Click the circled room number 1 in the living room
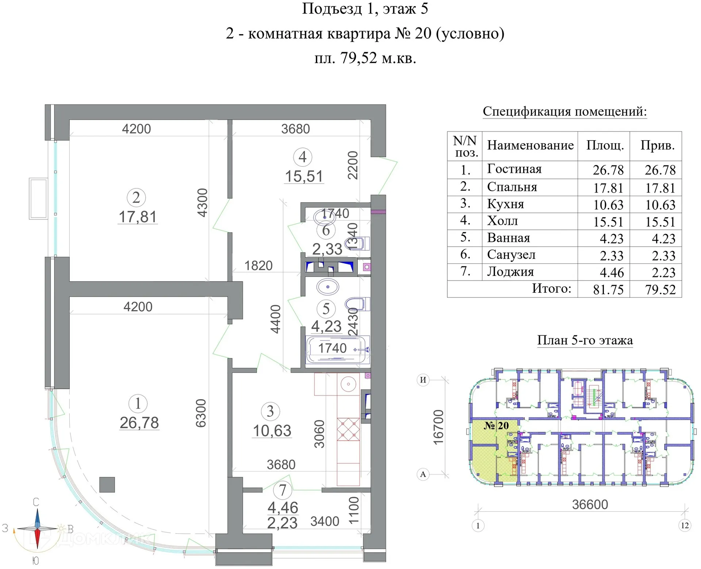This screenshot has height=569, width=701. point(138,404)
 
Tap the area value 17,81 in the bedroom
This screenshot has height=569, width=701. point(138,217)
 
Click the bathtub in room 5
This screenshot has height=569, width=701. point(338,350)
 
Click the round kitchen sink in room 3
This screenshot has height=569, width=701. point(348,384)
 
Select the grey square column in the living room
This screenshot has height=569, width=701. point(107,485)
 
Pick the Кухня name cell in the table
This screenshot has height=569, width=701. point(506,204)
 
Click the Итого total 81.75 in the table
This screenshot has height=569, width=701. point(608,289)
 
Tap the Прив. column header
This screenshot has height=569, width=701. point(657,145)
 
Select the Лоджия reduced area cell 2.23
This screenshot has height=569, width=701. point(663,272)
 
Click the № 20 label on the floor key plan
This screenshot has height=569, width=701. point(496,426)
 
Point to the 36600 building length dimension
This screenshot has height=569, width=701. point(590,504)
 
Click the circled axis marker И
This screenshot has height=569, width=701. point(423,380)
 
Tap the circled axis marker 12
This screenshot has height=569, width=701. point(685,525)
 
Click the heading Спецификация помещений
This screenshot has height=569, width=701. point(564,111)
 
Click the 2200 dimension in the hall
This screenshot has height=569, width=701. point(353,165)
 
